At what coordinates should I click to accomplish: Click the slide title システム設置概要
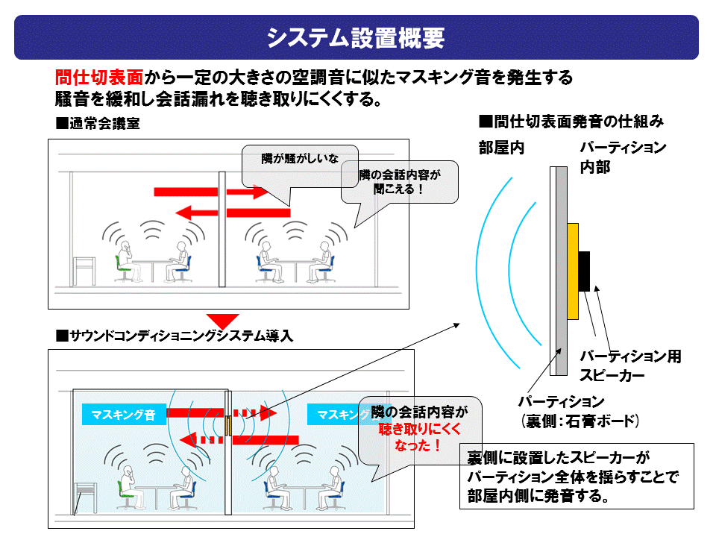tap(356, 37)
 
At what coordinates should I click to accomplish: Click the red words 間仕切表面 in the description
tap(99, 77)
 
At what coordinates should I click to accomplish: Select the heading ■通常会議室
tap(98, 124)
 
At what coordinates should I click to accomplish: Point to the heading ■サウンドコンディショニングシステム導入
tap(175, 336)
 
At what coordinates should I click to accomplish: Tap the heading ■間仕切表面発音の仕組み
tap(571, 120)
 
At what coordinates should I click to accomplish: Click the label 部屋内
tap(501, 148)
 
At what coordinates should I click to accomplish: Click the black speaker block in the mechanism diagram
tap(585, 271)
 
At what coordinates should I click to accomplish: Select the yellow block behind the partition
tap(572, 271)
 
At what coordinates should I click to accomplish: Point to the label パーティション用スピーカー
tap(630, 365)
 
